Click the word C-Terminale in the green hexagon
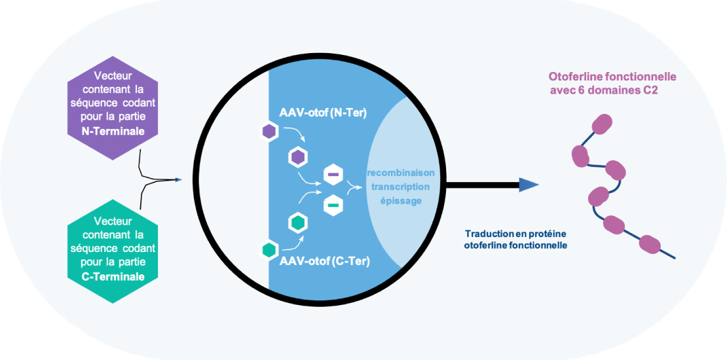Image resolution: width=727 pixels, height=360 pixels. point(105,277)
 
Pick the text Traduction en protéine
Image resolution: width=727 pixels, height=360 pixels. point(515,234)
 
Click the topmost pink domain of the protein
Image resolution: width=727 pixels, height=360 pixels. point(601,123)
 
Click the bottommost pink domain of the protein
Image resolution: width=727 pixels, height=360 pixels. point(648,244)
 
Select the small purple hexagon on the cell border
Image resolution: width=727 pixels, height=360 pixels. point(269,132)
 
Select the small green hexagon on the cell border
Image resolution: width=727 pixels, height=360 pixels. point(269,249)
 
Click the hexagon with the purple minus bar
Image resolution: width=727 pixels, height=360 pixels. point(333,175)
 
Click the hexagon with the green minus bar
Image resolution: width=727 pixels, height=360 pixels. point(333,206)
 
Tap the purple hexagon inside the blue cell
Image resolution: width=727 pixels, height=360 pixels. point(298,157)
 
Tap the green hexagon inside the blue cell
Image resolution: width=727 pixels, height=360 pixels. point(299,223)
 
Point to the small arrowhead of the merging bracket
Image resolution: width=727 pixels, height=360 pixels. point(178,179)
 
